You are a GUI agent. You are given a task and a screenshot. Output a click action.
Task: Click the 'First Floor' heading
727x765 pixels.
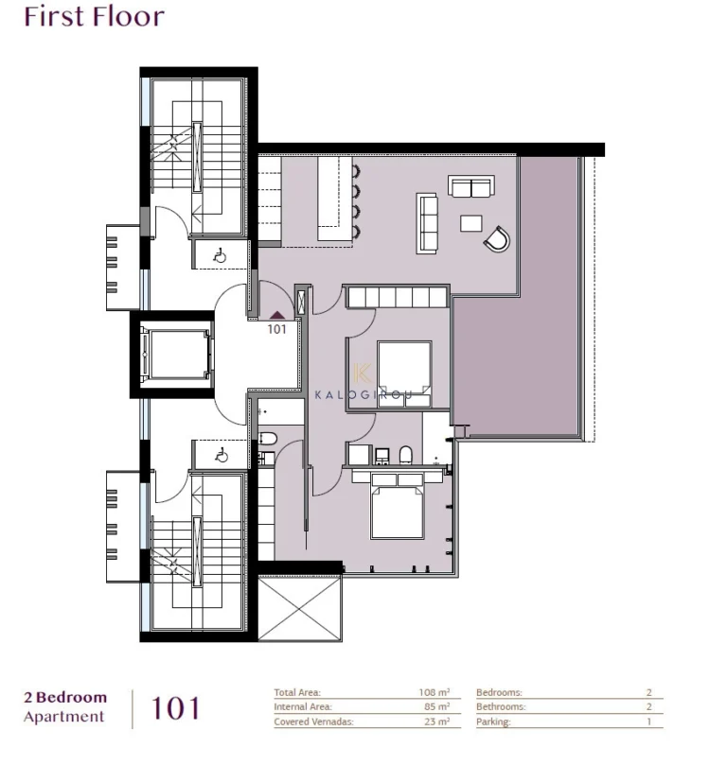(94, 17)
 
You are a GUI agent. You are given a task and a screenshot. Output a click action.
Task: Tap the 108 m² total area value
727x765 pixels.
(434, 692)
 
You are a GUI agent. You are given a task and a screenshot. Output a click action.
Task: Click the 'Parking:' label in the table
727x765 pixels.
(493, 722)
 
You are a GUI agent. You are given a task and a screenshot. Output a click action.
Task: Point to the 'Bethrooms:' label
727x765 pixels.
(499, 706)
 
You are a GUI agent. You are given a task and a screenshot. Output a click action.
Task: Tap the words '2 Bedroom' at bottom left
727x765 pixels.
(65, 698)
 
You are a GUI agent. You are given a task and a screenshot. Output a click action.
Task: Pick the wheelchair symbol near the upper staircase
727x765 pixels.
(219, 253)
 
